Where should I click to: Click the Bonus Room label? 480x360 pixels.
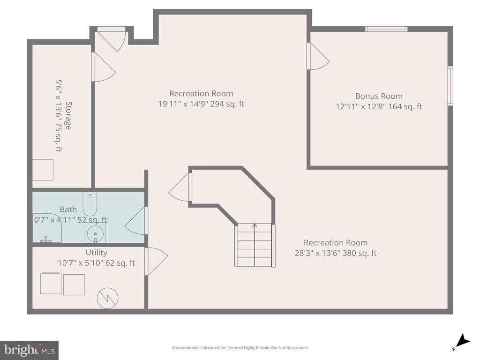pos(379,96)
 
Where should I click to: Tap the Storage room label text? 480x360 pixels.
pos(68,115)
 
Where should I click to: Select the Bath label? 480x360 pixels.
pos(68,209)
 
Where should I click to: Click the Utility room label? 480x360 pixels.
pos(97,253)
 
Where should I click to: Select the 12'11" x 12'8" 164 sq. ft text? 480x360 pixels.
pos(379,106)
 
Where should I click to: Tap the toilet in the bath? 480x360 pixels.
pos(90,203)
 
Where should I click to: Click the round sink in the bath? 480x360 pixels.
pos(96,232)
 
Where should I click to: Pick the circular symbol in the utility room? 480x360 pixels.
pos(107,298)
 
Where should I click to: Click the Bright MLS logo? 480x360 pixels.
pos(29,350)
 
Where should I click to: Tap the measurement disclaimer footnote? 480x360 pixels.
pos(240,348)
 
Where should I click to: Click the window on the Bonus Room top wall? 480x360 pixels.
pos(386,29)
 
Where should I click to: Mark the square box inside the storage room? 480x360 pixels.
pos(43,170)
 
